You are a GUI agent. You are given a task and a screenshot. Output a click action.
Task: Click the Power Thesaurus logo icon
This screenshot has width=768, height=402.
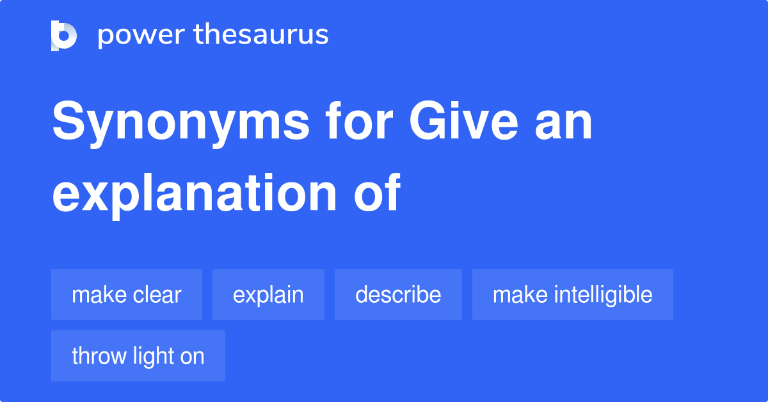[x=64, y=35]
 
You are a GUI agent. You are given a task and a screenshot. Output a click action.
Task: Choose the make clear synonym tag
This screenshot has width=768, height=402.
[x=127, y=294]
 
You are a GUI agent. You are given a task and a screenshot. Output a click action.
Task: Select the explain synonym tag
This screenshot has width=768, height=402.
[x=268, y=294]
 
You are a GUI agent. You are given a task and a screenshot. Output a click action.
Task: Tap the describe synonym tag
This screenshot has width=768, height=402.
[x=398, y=294]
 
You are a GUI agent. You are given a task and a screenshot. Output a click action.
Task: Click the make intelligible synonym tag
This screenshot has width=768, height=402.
[x=573, y=294]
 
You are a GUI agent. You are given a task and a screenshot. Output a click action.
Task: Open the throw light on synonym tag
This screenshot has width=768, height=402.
[x=138, y=356]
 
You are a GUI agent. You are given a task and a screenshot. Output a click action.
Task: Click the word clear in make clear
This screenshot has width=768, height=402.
[x=157, y=294]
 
